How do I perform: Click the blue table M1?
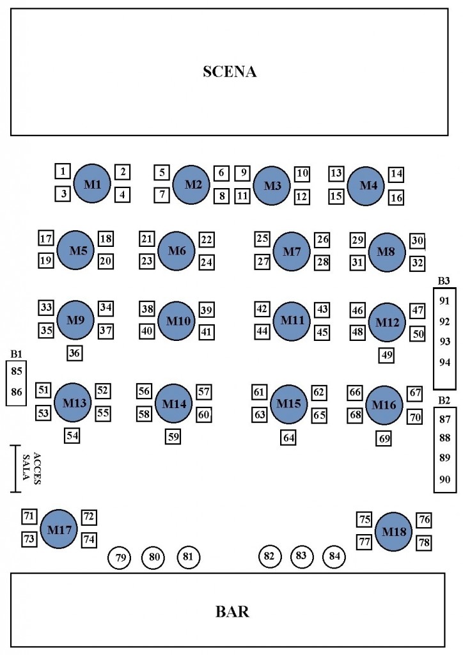92,184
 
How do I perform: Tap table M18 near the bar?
393,532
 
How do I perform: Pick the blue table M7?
292,251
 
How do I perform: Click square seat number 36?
75,352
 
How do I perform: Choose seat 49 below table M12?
386,355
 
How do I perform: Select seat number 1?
62,171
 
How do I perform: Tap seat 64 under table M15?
289,438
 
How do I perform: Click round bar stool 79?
120,558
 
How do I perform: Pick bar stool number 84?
334,556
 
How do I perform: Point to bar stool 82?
269,556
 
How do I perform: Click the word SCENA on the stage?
230,72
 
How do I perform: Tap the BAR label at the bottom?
232,612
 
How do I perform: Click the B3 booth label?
444,281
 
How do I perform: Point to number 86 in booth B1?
17,392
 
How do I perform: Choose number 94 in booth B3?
445,362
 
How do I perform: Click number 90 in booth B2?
445,479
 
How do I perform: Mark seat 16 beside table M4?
396,198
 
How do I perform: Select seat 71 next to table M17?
29,516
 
